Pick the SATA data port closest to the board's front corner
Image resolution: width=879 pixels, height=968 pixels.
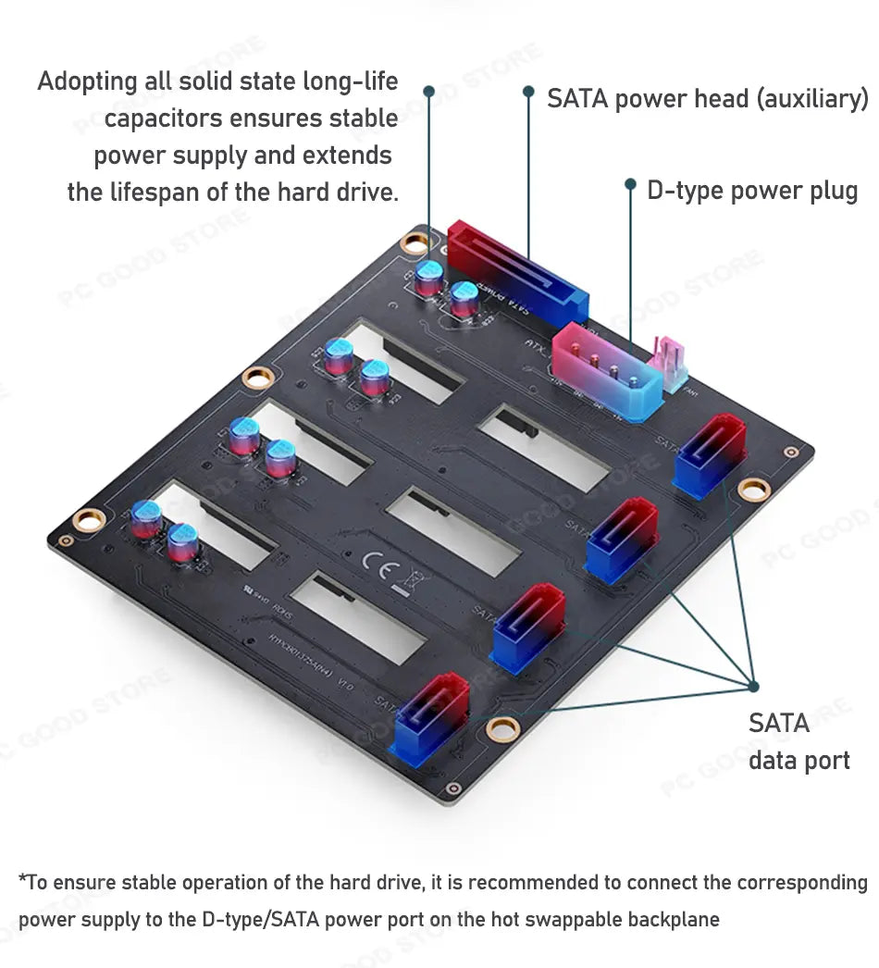click(432, 718)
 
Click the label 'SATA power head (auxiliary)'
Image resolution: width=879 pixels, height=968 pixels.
click(708, 98)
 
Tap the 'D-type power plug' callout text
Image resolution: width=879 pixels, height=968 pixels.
click(752, 192)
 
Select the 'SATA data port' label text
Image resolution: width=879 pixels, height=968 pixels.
click(798, 741)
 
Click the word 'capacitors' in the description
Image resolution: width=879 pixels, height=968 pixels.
click(162, 118)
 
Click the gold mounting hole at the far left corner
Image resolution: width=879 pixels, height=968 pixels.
click(89, 520)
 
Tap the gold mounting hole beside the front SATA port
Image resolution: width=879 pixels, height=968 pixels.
click(501, 727)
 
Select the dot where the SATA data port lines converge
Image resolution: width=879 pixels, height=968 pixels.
click(753, 686)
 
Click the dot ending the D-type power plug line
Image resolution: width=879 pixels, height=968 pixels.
click(630, 184)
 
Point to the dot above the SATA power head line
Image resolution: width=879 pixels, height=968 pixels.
click(528, 91)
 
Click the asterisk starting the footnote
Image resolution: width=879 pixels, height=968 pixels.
click(22, 880)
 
